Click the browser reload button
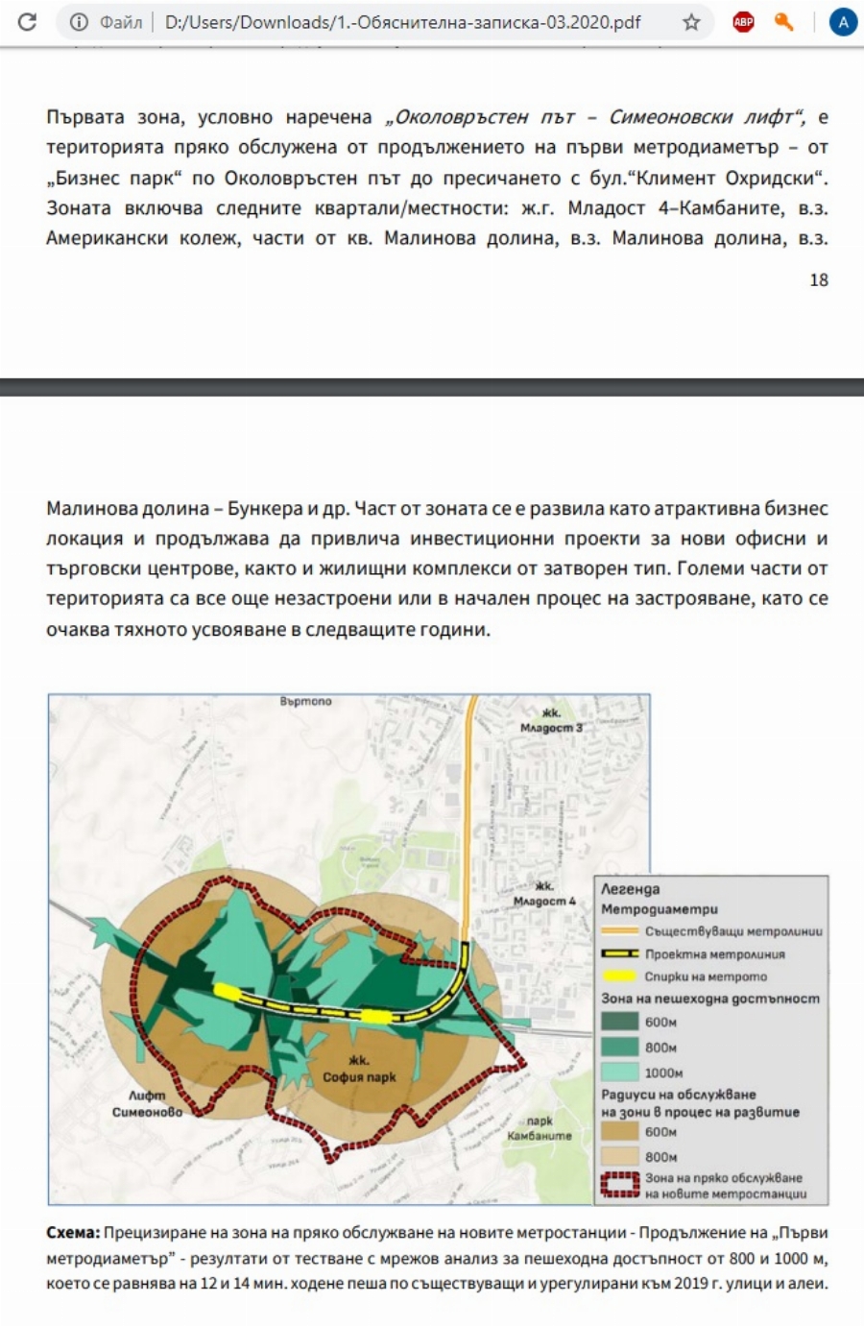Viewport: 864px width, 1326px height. click(x=27, y=22)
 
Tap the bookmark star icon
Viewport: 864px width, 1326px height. click(x=691, y=22)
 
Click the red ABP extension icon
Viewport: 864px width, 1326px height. click(x=743, y=22)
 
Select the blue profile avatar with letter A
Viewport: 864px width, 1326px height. click(x=842, y=22)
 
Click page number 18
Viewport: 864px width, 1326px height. click(x=818, y=279)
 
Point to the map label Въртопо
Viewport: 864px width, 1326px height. click(x=306, y=702)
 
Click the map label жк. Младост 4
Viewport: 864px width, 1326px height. click(x=544, y=894)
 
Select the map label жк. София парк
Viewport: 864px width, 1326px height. click(x=359, y=1070)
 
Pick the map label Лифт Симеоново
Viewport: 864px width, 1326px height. click(x=147, y=1103)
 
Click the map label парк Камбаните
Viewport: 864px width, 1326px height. click(x=540, y=1128)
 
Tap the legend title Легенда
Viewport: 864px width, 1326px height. click(x=630, y=889)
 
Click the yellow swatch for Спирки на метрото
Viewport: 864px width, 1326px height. click(x=620, y=976)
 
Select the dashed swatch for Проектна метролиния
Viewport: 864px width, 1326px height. click(x=620, y=954)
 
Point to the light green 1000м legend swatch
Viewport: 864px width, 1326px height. click(x=620, y=1073)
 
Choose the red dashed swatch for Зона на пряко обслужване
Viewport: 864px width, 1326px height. click(x=620, y=1185)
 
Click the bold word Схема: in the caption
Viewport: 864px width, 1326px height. click(x=73, y=1233)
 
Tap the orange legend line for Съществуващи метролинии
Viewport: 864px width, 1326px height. click(x=620, y=931)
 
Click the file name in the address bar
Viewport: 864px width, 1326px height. click(x=402, y=22)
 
